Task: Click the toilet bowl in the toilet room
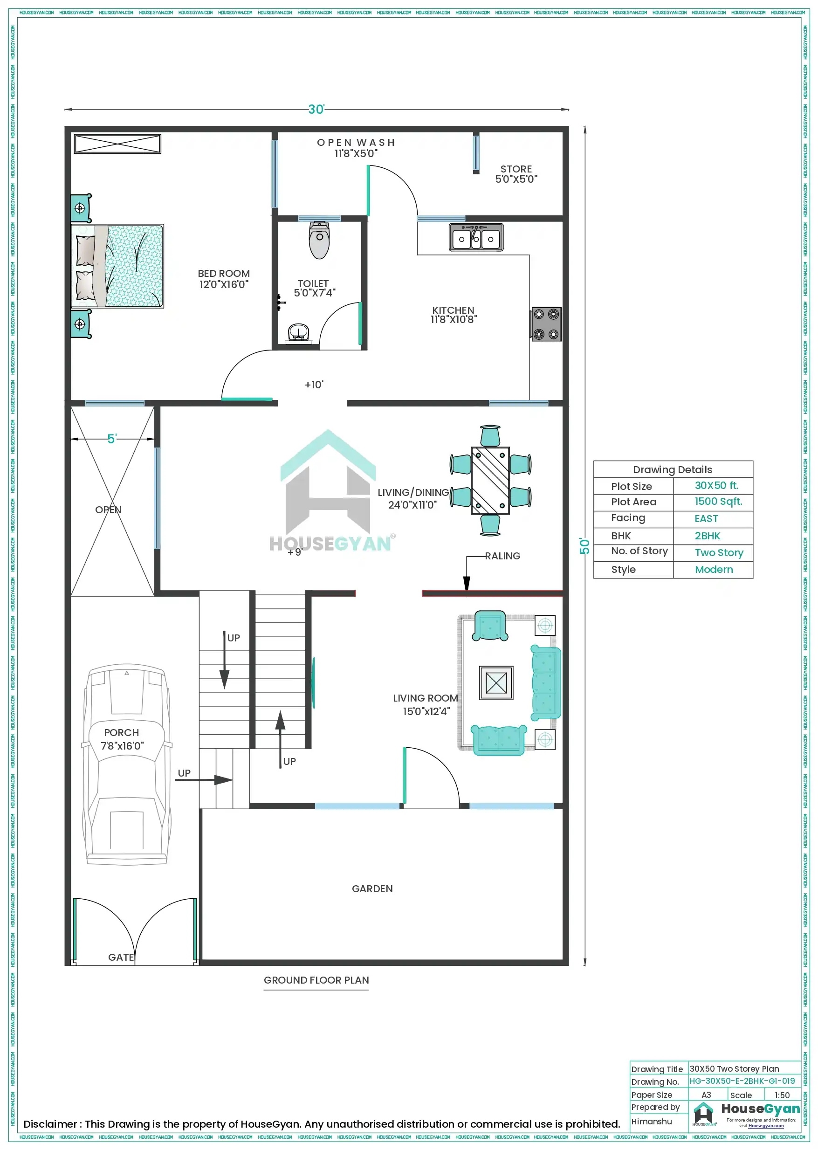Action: click(319, 241)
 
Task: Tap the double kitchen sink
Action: click(476, 238)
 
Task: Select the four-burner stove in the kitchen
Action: click(546, 324)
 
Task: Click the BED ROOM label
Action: click(223, 279)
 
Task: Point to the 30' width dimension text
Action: click(316, 110)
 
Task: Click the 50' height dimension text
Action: click(584, 546)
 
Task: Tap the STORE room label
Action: click(516, 174)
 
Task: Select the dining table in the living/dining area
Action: click(490, 480)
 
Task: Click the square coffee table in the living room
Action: click(496, 683)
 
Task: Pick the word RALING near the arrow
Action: click(502, 556)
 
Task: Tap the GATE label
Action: click(121, 957)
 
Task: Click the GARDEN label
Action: click(372, 888)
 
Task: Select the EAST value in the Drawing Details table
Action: click(706, 518)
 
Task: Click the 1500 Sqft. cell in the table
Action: click(718, 502)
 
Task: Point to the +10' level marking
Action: click(314, 385)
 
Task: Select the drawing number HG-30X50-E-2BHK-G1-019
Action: click(742, 1081)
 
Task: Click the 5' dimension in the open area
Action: click(112, 439)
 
